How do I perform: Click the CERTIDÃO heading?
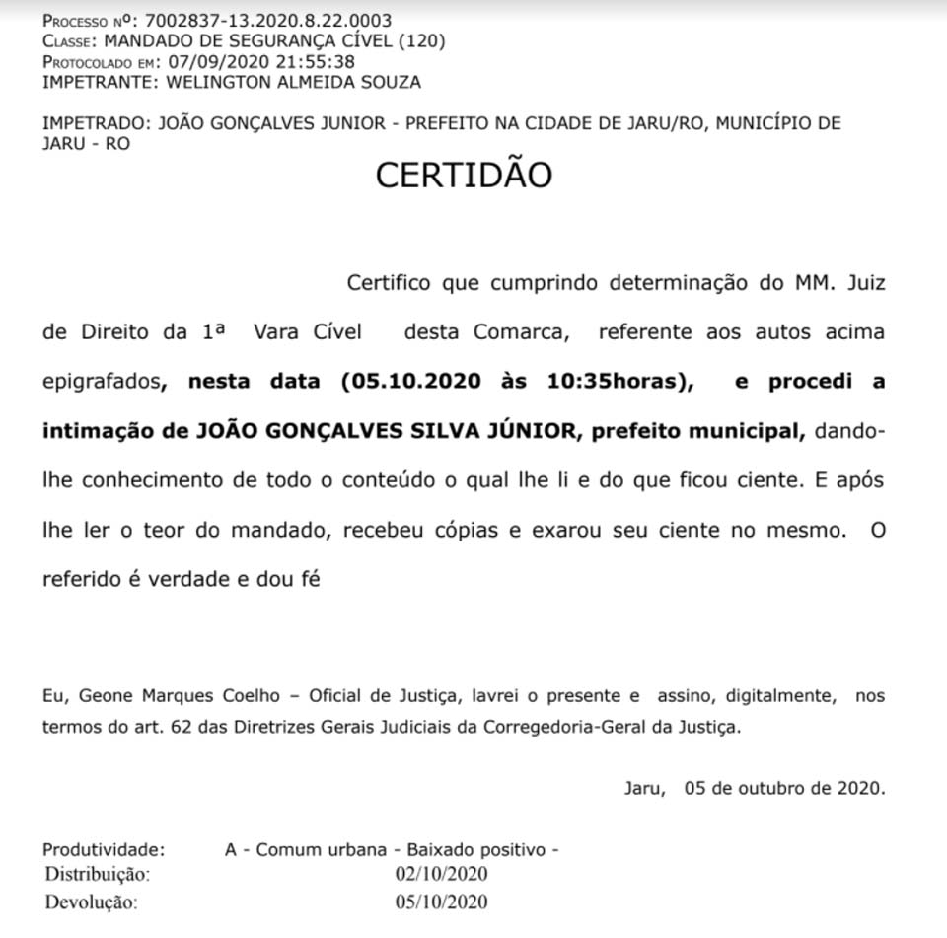464,176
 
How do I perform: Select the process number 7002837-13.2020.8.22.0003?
268,21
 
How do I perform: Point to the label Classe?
68,41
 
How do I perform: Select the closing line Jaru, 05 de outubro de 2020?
755,788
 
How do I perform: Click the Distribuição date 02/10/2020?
441,874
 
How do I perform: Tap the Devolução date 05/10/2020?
441,902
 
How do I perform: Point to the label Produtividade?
104,849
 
